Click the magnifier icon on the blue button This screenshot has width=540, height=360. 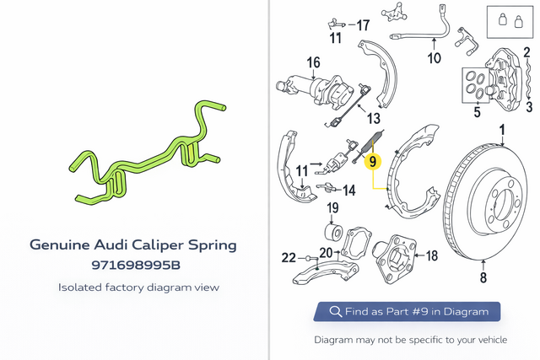click(x=335, y=312)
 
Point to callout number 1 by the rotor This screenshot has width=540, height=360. click(x=502, y=131)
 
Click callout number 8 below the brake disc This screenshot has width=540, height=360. click(x=483, y=277)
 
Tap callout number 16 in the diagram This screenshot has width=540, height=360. click(x=313, y=62)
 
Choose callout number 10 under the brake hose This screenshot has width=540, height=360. click(x=434, y=58)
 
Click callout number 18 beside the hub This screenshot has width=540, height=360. click(x=431, y=255)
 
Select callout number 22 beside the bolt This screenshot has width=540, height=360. click(x=289, y=256)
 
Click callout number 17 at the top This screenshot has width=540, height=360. click(x=362, y=24)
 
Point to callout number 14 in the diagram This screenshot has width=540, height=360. click(x=348, y=189)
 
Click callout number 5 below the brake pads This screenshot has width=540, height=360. click(x=477, y=111)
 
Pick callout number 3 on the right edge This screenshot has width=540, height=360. click(x=529, y=106)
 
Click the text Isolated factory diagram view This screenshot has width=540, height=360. click(x=138, y=287)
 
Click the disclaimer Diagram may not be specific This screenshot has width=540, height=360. click(x=410, y=340)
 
